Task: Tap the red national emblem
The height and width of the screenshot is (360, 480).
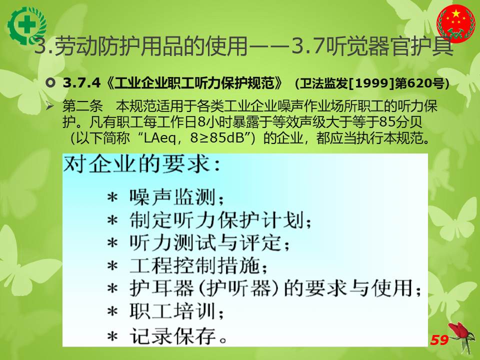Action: (x=456, y=23)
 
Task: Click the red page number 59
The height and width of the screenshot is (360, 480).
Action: (x=439, y=340)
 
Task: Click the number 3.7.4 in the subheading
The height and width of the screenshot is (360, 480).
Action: (x=81, y=82)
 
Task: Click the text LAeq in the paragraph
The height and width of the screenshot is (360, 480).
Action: (x=159, y=138)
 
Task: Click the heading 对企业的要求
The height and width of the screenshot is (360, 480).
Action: (x=141, y=164)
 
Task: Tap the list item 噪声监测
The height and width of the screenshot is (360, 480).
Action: (x=176, y=197)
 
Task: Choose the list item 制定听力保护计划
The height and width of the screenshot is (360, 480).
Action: (x=220, y=220)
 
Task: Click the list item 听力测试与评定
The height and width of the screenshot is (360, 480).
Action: (x=209, y=243)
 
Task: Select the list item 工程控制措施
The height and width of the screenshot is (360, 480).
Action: (x=198, y=265)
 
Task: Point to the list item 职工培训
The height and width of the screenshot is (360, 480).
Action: (x=176, y=311)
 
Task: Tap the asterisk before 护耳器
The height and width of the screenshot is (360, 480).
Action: (x=112, y=288)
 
